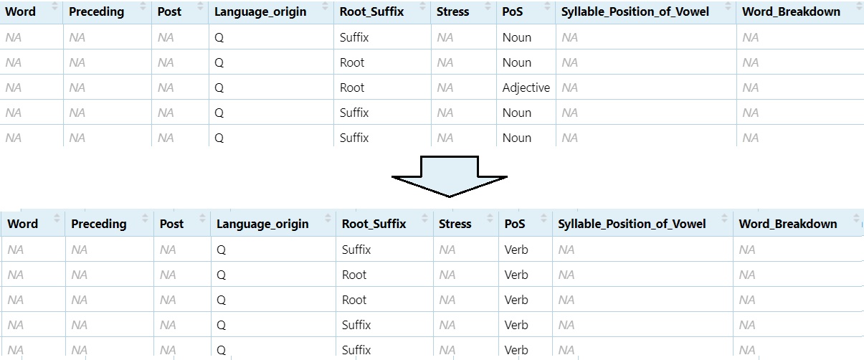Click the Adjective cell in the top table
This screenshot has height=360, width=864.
(x=526, y=87)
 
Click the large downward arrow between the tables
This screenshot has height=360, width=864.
(x=450, y=176)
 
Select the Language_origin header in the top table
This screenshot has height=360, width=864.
(x=260, y=11)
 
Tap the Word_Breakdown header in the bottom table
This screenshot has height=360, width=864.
(x=788, y=224)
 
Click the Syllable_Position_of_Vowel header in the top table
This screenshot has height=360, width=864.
(x=635, y=11)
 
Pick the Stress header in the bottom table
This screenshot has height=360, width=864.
(x=455, y=224)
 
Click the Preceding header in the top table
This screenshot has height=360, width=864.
(x=96, y=11)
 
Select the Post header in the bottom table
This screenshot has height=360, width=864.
(x=171, y=224)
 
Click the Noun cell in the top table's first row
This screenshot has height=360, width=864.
(x=516, y=37)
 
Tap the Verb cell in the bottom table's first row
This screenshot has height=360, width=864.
(x=516, y=250)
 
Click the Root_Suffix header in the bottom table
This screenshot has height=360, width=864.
(x=374, y=224)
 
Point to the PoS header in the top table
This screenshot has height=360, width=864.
(x=513, y=11)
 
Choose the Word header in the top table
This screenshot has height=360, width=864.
(x=20, y=11)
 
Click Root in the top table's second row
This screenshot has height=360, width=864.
(x=352, y=62)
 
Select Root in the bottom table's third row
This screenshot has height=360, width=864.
(x=354, y=300)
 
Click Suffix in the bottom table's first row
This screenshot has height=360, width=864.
(x=356, y=250)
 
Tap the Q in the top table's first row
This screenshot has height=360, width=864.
(x=219, y=37)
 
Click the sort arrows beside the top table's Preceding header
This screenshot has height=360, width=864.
(x=145, y=11)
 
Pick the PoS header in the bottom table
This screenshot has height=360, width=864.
(x=515, y=224)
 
